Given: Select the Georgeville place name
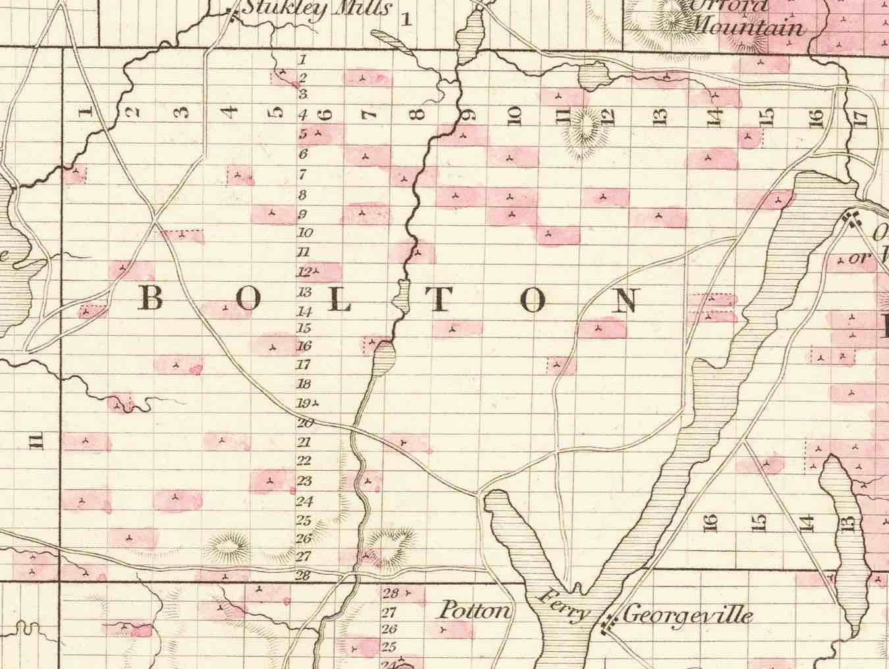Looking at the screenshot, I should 687,616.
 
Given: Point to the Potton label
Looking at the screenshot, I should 475,611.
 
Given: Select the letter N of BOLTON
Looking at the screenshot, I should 626,300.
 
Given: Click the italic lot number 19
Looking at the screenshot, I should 304,404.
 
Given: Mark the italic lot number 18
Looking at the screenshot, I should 304,384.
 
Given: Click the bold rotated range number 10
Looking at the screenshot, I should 516,116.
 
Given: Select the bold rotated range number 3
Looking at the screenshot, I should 182,112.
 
